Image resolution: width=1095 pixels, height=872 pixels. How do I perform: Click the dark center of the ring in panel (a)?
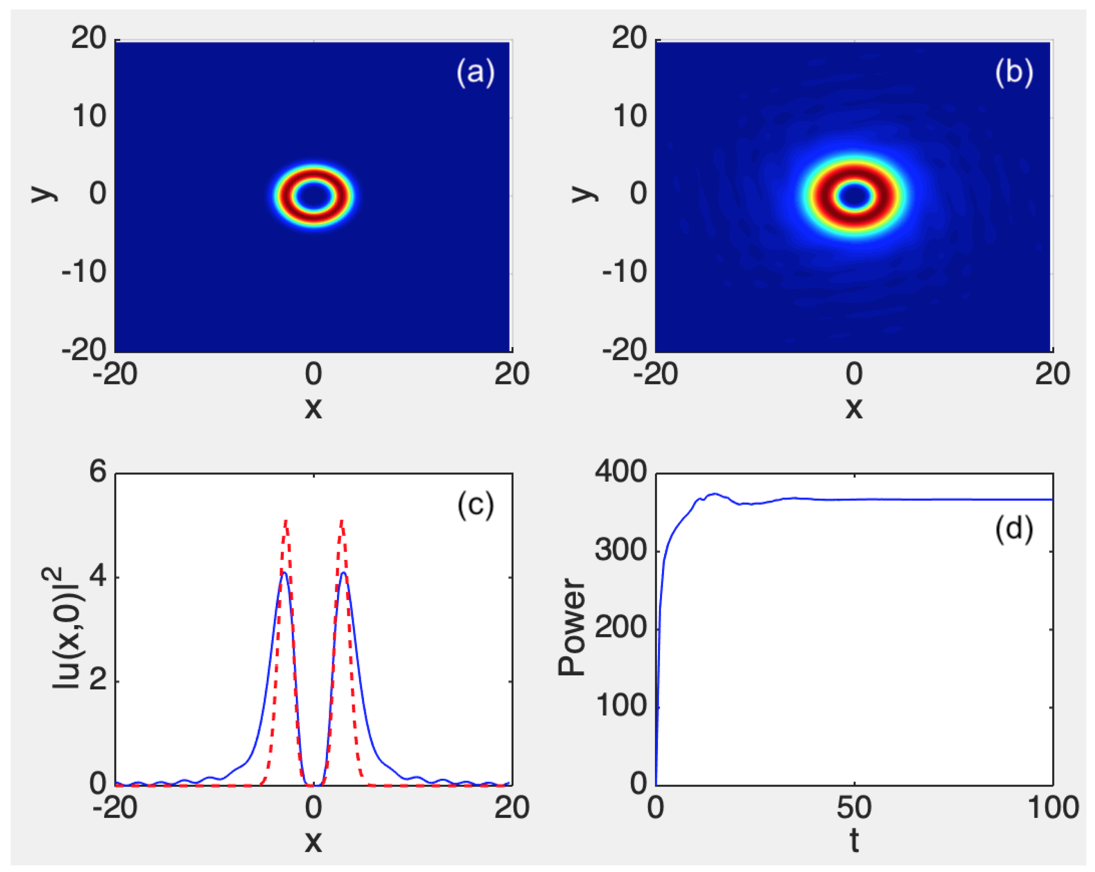(x=314, y=196)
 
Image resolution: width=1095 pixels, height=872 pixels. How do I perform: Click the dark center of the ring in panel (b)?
(x=855, y=196)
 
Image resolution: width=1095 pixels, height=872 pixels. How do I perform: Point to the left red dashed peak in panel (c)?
(x=286, y=521)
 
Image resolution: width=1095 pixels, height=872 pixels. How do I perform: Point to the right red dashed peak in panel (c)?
(x=342, y=521)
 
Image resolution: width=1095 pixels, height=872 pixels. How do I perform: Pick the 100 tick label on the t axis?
(x=1053, y=808)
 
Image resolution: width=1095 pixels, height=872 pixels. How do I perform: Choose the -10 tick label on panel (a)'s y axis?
(x=84, y=272)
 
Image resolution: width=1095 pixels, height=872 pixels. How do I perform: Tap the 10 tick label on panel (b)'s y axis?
(x=630, y=117)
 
